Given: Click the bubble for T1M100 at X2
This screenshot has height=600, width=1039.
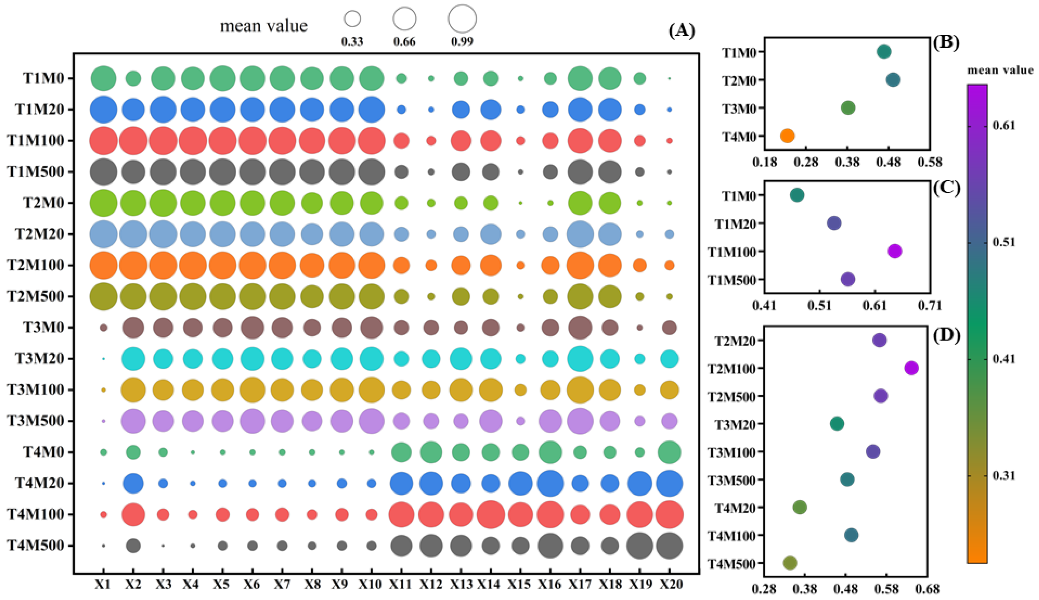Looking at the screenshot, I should tap(133, 141).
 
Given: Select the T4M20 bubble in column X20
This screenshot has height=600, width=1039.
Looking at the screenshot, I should tap(669, 484).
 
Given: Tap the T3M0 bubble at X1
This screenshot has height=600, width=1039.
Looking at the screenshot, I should tap(103, 327).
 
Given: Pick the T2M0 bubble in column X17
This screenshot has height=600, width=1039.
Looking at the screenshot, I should tap(580, 203).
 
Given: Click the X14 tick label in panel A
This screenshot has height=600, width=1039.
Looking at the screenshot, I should tap(490, 584).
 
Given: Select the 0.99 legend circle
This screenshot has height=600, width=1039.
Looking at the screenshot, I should tap(462, 19).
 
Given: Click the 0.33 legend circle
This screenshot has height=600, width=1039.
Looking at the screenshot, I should tap(352, 19).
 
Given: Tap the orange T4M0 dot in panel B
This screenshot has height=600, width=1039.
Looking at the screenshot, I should tap(787, 135).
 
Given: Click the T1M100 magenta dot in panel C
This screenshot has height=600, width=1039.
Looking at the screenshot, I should tap(895, 251).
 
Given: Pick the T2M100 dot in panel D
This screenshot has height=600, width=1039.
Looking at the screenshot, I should tap(912, 368).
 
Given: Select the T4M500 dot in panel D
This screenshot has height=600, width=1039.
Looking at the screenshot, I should tap(790, 562).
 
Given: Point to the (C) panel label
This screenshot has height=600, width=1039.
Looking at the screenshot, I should tap(946, 188).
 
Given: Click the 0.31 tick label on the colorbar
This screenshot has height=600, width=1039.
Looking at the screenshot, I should tap(1004, 476).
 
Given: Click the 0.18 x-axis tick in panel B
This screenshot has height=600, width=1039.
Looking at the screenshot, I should tap(764, 162).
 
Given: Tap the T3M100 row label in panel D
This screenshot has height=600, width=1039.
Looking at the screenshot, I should tap(731, 452).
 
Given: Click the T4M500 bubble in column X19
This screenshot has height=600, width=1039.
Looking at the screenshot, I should tap(639, 546).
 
